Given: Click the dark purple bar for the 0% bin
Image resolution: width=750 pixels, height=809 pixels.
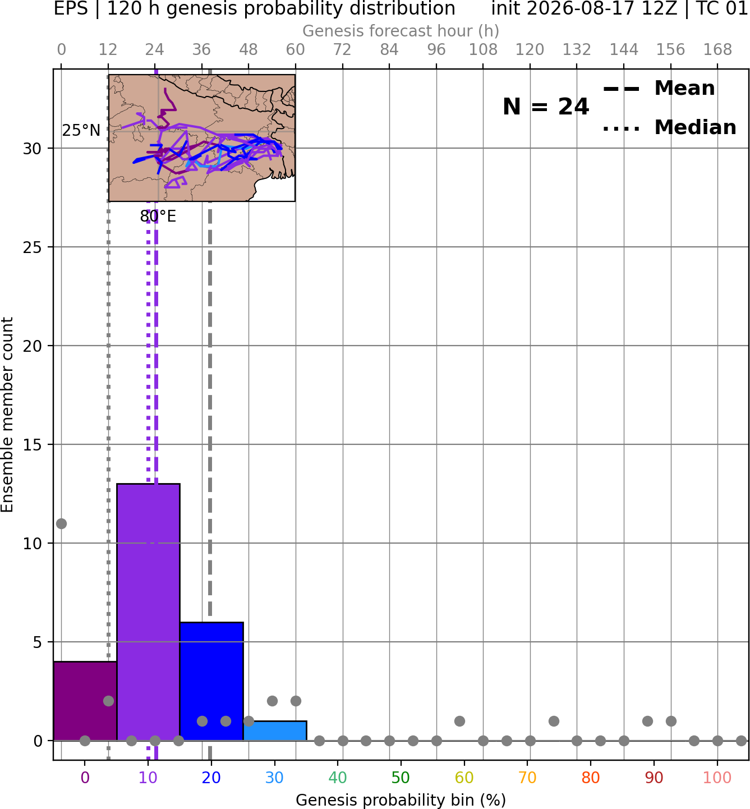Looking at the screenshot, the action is point(85,701).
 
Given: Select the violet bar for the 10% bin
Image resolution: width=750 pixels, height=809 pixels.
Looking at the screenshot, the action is point(148,612).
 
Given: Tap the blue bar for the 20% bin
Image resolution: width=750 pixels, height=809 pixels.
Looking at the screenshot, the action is point(211,681).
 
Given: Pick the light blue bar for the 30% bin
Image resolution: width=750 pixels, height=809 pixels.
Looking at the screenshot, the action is point(275,731).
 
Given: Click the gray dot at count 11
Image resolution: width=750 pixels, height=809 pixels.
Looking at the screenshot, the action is point(61,523).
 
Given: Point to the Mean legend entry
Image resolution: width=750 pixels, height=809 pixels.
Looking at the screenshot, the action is point(659,89).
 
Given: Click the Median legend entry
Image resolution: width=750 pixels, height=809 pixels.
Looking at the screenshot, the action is point(669,127).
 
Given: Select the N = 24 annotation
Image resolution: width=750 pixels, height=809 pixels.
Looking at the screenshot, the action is point(546,107).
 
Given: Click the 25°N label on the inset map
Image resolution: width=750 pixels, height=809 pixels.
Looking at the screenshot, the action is point(81,131).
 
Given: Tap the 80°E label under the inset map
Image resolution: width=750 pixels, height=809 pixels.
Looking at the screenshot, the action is point(158,217).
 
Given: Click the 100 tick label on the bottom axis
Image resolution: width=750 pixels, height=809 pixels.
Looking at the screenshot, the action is point(717,778).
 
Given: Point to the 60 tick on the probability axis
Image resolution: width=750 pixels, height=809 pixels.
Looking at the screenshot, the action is point(464,778).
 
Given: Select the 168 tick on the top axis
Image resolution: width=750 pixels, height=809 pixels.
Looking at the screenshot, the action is point(717,50).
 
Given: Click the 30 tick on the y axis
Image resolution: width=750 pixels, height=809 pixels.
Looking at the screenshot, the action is point(32,149).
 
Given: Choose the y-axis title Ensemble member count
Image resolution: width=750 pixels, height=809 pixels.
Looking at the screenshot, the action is point(7,415).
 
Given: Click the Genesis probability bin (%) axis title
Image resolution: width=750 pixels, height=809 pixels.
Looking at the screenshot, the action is point(401,799).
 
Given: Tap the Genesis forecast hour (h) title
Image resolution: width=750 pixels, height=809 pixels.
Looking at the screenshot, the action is point(401,31).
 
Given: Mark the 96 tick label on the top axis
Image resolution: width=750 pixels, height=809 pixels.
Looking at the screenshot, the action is point(436,50).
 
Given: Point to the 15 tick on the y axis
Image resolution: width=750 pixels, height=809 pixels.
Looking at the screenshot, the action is point(32,445).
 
